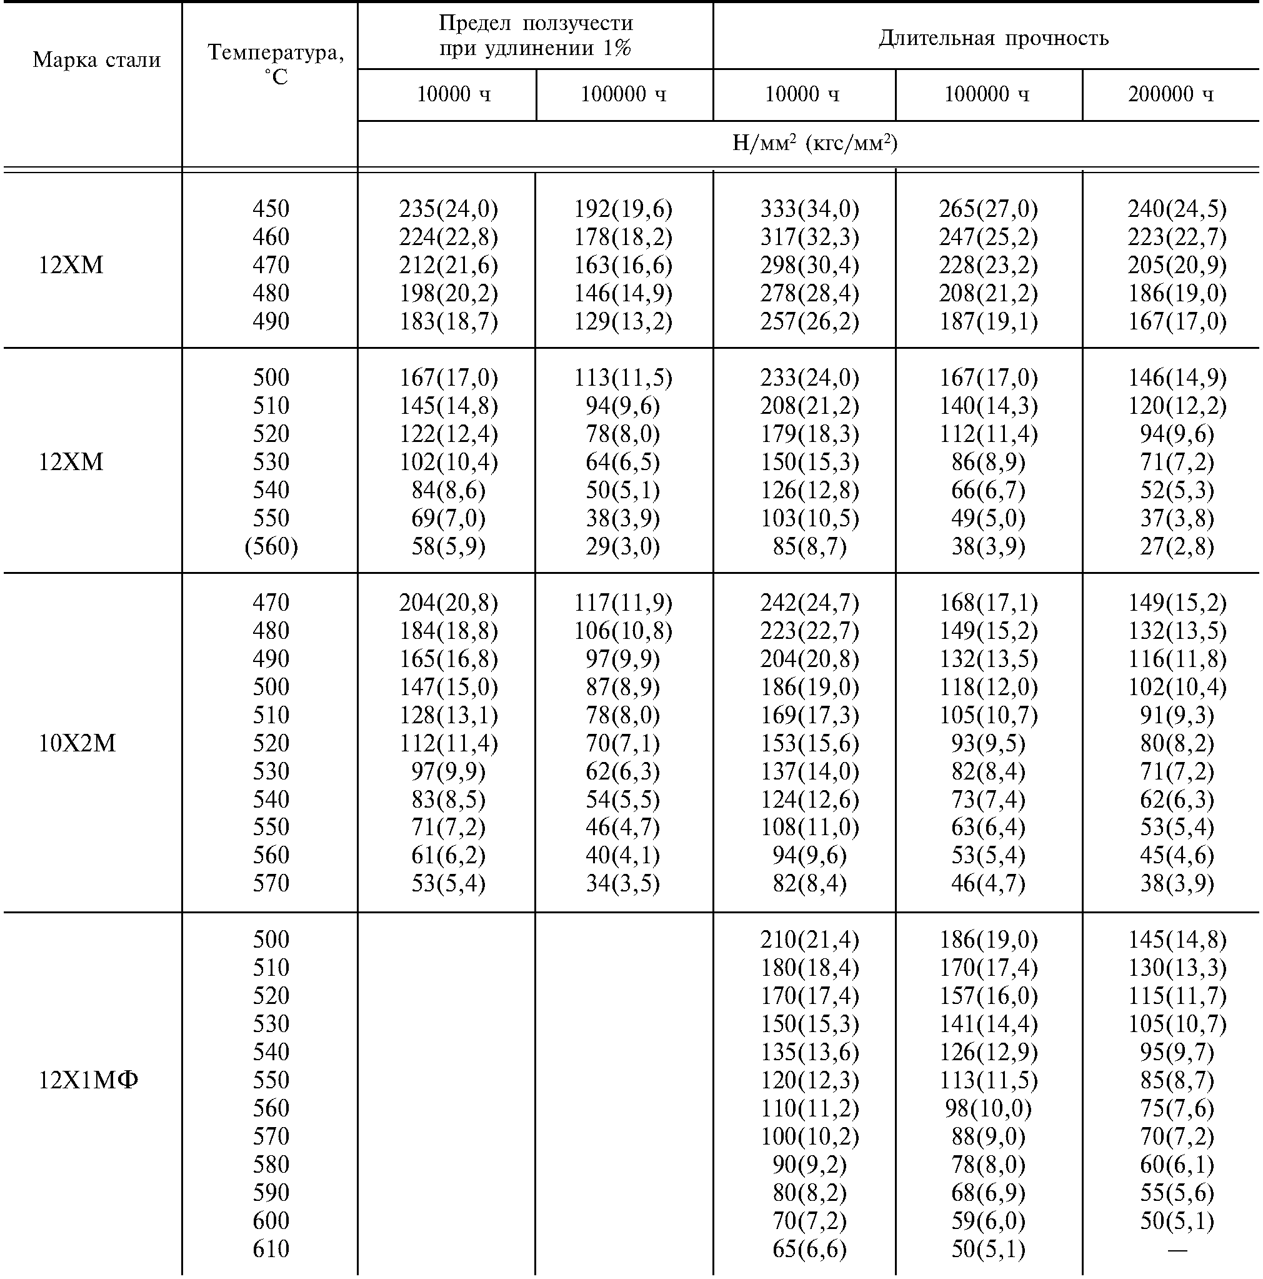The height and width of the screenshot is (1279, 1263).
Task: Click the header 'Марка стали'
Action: click(x=97, y=60)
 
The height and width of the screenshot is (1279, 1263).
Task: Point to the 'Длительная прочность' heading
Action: click(x=994, y=38)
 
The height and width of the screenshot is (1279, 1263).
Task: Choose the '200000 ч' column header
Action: click(x=1171, y=94)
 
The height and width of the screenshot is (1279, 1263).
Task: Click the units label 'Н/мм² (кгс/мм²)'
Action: click(x=814, y=143)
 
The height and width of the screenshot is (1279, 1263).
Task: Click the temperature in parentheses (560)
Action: click(x=271, y=546)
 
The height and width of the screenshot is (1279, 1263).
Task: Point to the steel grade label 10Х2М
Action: click(x=77, y=743)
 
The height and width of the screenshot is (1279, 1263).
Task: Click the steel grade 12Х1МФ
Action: click(x=88, y=1080)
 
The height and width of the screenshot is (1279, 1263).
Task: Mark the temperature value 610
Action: click(x=271, y=1249)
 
